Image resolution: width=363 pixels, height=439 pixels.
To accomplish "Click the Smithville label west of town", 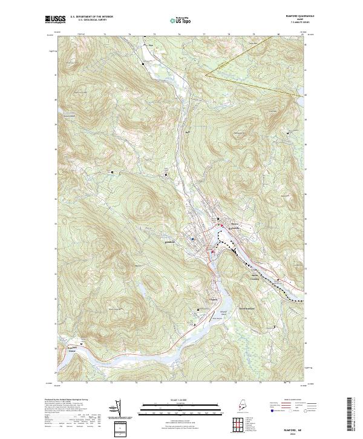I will point(170,243).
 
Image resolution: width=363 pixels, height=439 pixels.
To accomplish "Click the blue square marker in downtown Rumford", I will point(193,239).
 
